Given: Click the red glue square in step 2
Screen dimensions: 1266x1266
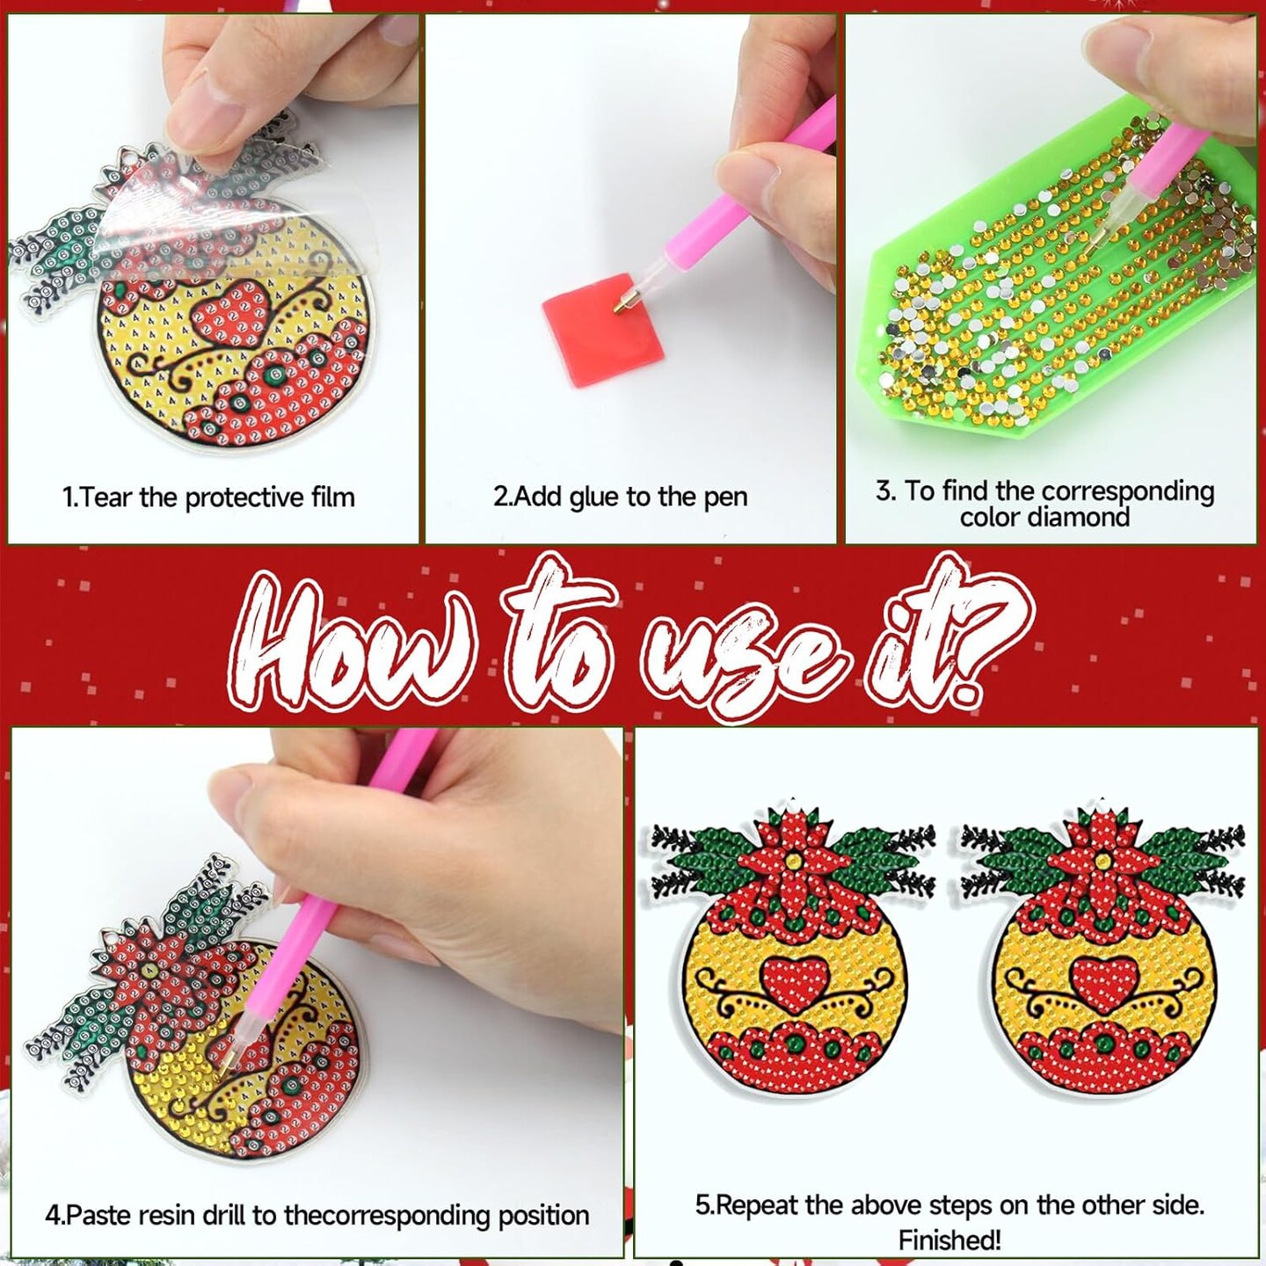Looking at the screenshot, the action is pyautogui.click(x=602, y=329).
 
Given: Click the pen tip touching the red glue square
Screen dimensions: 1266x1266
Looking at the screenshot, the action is pyautogui.click(x=620, y=306).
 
